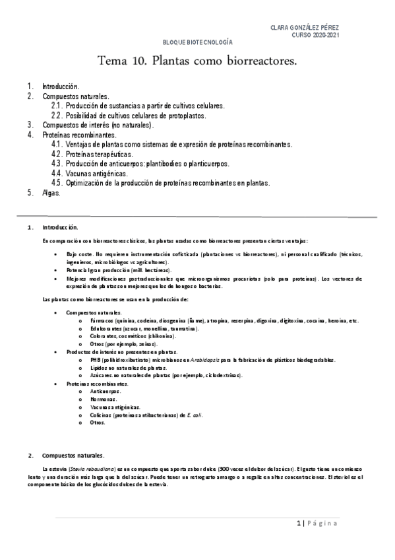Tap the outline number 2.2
click(57, 115)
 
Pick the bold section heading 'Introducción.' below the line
click(60, 227)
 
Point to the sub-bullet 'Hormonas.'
click(104, 400)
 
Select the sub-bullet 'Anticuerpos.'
click(107, 392)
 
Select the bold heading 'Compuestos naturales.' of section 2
click(73, 456)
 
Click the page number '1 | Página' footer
click(317, 524)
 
